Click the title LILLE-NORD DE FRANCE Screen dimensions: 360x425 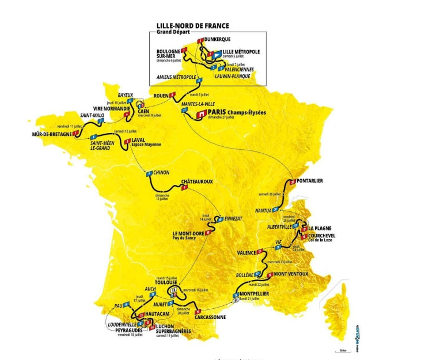(192, 26)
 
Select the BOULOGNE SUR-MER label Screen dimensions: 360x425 (169, 54)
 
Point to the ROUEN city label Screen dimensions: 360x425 (161, 96)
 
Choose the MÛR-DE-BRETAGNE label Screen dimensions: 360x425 (51, 134)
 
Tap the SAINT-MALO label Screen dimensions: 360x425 (92, 115)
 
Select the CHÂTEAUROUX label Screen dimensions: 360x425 (197, 181)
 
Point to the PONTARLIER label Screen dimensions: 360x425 (310, 180)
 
